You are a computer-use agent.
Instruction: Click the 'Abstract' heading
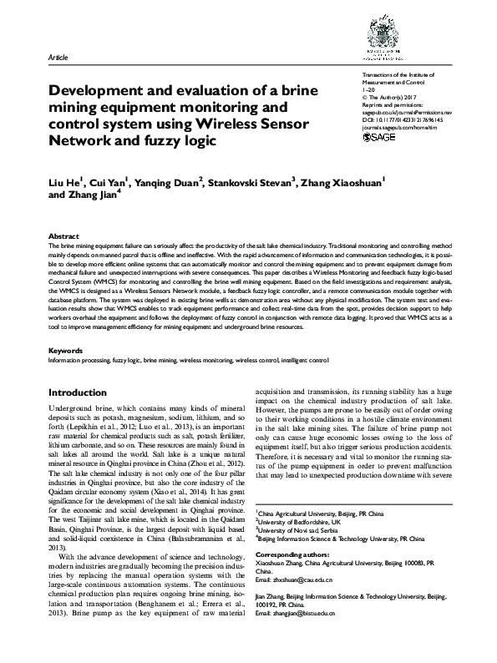click(x=64, y=236)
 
